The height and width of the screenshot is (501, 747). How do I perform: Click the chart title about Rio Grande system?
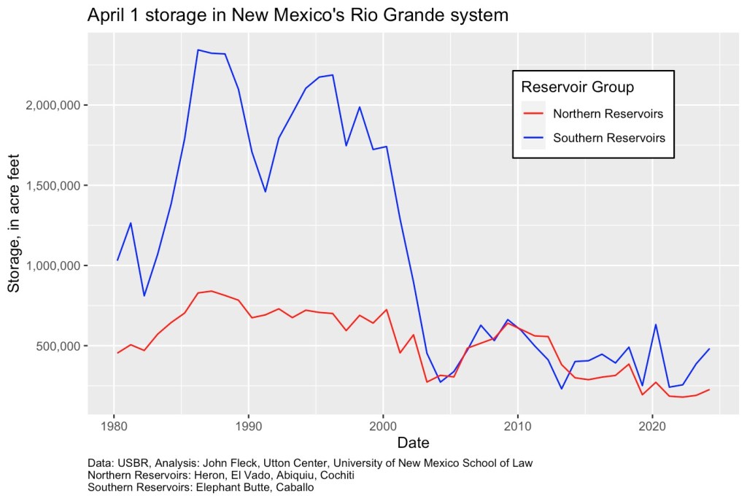298,15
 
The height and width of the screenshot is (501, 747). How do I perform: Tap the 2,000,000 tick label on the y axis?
57,105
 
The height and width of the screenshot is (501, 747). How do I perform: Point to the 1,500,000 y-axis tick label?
57,185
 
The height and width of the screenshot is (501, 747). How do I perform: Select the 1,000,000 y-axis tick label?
57,265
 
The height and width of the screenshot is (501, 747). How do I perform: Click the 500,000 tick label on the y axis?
63,346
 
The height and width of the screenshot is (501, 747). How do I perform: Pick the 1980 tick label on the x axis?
114,424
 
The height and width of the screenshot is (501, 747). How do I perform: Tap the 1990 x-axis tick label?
249,424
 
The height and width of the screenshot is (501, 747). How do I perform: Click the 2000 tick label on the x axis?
383,424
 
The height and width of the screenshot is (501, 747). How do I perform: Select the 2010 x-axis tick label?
517,424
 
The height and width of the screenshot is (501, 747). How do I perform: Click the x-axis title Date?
413,443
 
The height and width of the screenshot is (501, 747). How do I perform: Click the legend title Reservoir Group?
577,88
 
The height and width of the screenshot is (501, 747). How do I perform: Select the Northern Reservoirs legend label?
608,114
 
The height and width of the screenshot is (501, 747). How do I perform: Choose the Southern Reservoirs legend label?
609,137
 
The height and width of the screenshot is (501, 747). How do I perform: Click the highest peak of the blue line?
198,50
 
